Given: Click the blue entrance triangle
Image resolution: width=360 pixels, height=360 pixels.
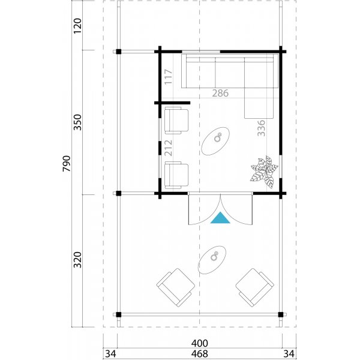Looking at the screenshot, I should (221, 218).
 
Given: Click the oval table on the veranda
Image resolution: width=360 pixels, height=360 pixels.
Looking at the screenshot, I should (212, 260).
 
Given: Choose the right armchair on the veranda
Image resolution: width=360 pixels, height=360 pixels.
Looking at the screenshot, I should (253, 286).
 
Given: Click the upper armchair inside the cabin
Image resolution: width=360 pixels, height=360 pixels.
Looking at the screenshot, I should (176, 120).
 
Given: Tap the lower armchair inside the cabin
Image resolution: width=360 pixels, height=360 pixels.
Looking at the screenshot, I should (176, 175).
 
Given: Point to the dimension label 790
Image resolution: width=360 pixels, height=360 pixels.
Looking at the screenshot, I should (67, 163).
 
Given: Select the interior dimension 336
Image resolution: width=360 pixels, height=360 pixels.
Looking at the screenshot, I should (261, 128).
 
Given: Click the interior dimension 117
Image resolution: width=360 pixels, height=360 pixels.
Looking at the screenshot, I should (169, 79).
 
